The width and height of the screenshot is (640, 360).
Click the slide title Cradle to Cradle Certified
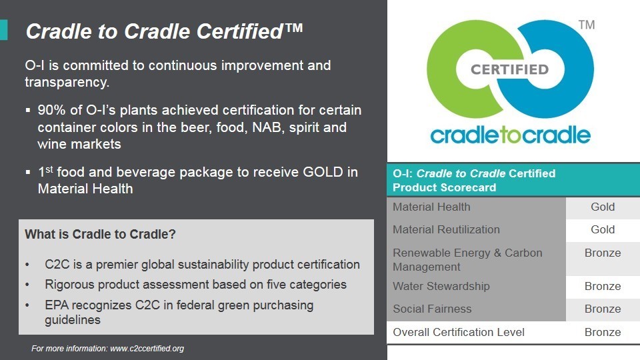point(164,31)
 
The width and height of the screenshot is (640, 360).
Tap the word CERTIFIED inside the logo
point(510,69)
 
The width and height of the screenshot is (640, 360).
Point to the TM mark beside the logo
point(587,25)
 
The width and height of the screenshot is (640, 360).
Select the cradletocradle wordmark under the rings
point(510,135)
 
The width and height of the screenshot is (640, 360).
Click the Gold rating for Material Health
point(603,207)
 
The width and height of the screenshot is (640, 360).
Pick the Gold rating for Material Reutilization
point(603,229)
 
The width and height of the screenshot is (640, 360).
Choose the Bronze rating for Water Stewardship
point(603,286)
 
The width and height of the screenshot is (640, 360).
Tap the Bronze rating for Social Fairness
point(603,309)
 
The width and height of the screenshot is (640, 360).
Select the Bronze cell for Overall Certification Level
point(603,332)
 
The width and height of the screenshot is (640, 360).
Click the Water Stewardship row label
point(441,286)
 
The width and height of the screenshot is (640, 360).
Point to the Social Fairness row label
point(432,309)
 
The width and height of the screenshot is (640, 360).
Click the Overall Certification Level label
point(459,332)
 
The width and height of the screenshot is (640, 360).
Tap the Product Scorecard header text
point(445,187)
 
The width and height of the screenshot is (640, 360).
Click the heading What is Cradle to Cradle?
point(101,234)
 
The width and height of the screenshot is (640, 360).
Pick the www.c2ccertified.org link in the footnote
point(147,349)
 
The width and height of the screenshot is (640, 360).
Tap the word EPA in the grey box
point(57,305)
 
